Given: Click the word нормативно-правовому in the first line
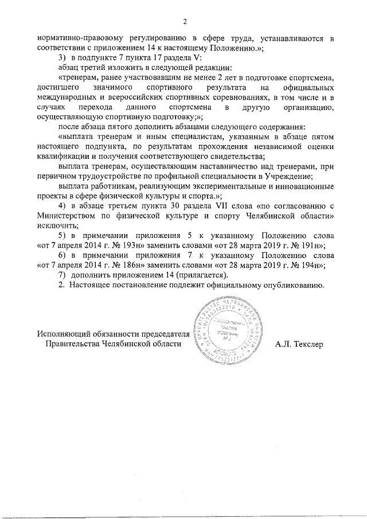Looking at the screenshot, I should (75, 38).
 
